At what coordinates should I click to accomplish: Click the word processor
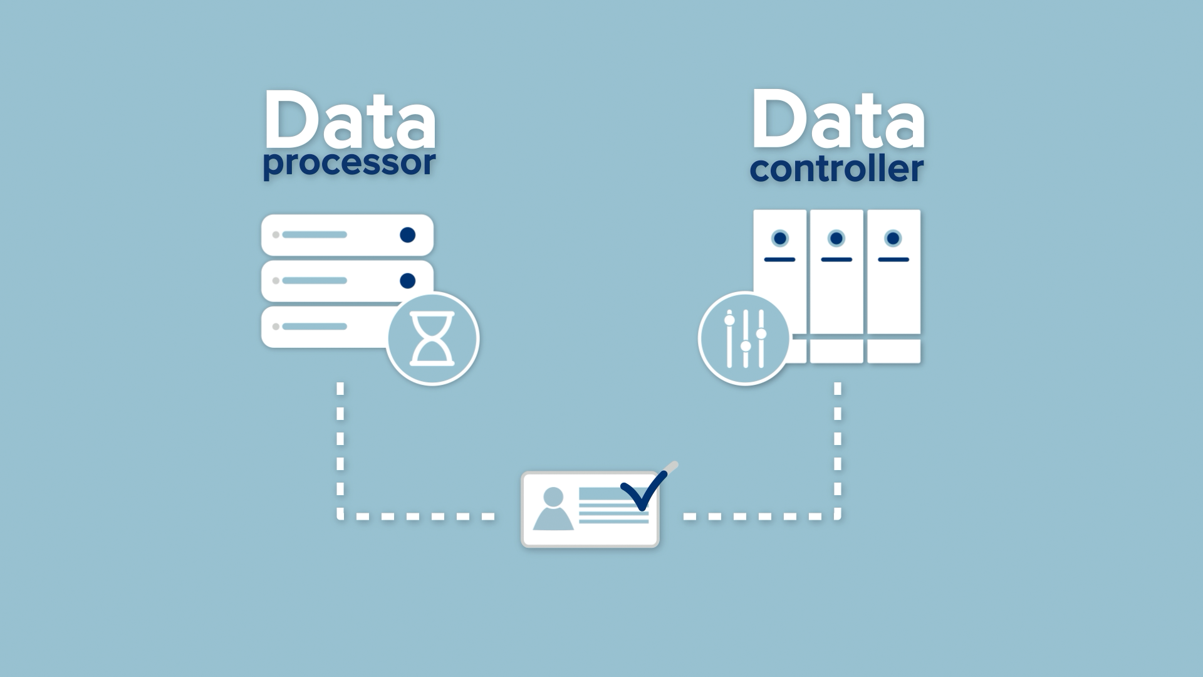[x=349, y=163]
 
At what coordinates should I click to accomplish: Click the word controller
[x=836, y=169]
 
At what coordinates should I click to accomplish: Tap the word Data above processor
[x=350, y=120]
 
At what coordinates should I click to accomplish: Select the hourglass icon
[x=432, y=338]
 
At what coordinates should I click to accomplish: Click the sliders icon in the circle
[x=745, y=338]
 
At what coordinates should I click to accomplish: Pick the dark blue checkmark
[x=643, y=491]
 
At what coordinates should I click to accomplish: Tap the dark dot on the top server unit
[x=407, y=235]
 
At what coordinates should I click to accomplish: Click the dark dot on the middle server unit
[x=407, y=281]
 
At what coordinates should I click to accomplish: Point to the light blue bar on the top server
[x=315, y=235]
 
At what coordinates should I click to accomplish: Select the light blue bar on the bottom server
[x=315, y=327]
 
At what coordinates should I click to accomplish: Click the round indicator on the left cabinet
[x=780, y=238]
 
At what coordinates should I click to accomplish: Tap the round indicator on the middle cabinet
[x=836, y=238]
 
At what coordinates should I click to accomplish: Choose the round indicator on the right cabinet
[x=893, y=238]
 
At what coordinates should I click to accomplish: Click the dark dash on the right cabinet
[x=893, y=260]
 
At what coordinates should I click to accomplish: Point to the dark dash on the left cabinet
[x=780, y=260]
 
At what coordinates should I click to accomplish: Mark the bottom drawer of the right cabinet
[x=893, y=351]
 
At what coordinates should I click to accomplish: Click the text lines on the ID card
[x=613, y=508]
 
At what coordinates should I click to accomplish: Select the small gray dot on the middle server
[x=276, y=281]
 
